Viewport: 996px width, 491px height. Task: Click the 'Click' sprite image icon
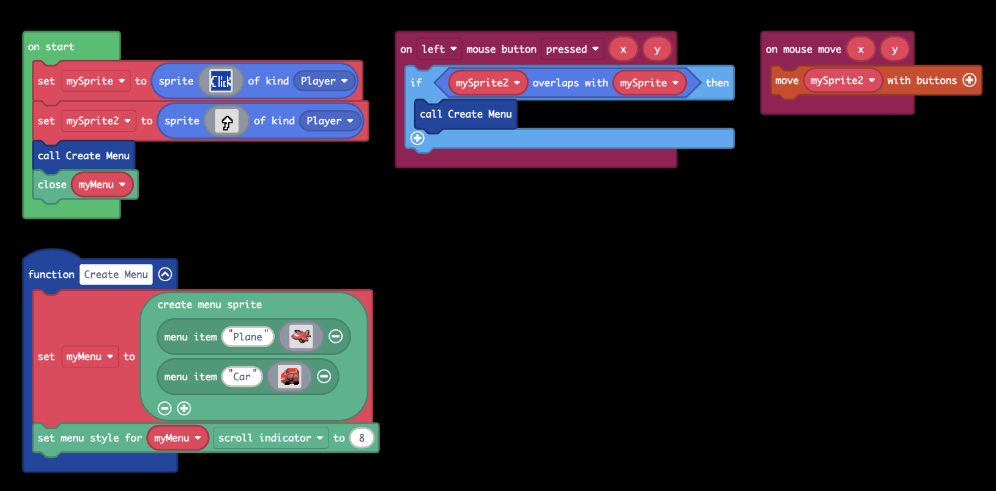(221, 81)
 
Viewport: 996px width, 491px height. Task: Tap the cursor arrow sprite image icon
(227, 121)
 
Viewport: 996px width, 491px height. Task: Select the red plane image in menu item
(300, 336)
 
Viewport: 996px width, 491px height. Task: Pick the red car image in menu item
(289, 377)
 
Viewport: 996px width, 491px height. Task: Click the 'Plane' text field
(248, 337)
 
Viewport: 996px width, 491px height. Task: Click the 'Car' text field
(242, 377)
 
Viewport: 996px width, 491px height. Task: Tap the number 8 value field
(362, 438)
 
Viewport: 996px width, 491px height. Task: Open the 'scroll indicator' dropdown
(270, 438)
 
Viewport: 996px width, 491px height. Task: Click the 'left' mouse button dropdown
(439, 49)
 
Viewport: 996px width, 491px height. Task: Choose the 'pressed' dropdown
(572, 49)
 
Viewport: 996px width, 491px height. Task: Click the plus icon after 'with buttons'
(969, 80)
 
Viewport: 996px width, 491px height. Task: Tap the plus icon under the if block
(417, 138)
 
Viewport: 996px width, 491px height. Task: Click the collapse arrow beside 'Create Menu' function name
(165, 274)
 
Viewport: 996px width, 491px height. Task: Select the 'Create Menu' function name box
(116, 274)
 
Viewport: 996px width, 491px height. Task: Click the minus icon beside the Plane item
(335, 336)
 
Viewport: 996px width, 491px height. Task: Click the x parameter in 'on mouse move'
(861, 50)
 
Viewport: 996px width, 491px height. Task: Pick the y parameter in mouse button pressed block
(657, 50)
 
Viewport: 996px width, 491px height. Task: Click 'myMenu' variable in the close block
(102, 184)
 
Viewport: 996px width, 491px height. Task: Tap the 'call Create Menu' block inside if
(466, 114)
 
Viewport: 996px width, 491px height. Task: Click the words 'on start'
(51, 47)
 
